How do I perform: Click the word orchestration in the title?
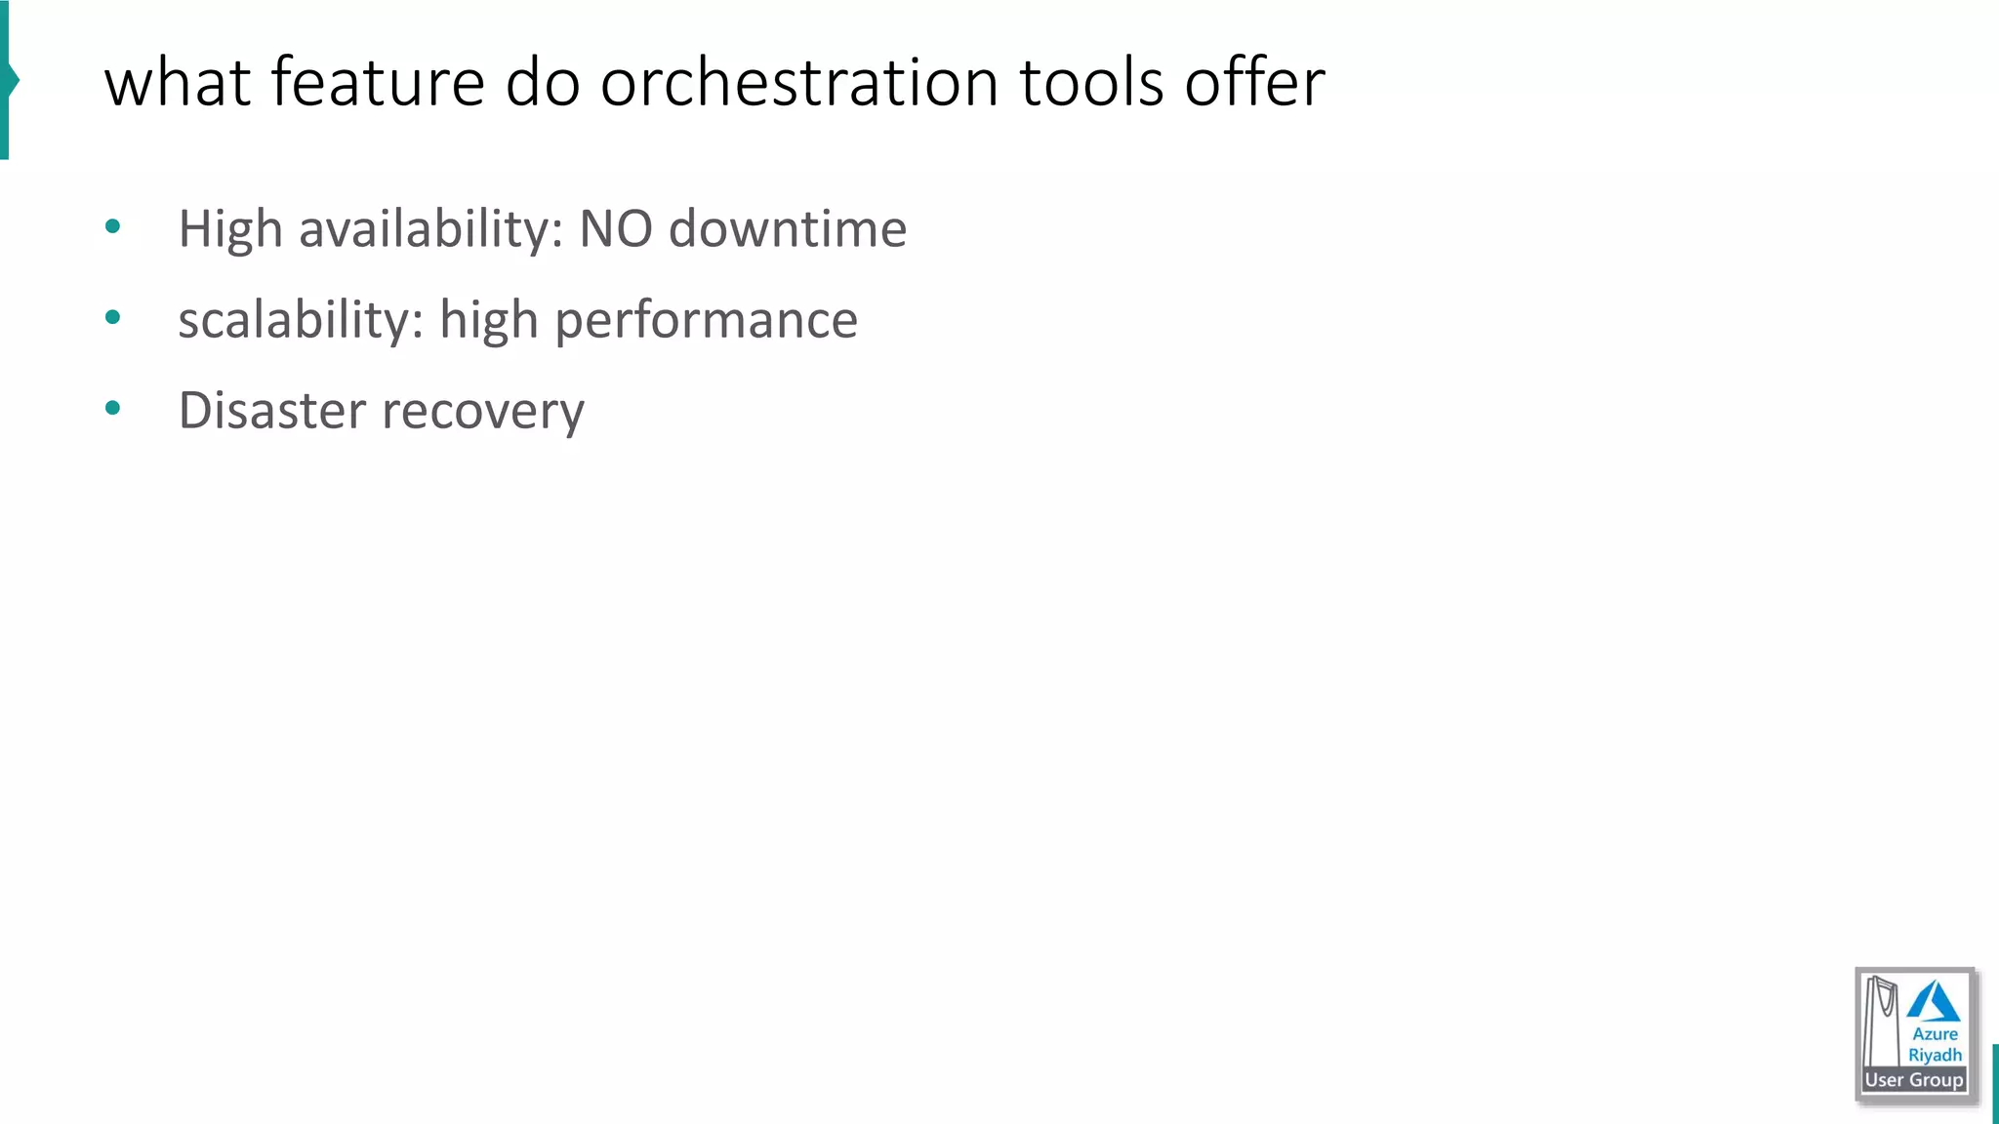click(x=799, y=82)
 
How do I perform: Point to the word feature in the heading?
click(x=378, y=82)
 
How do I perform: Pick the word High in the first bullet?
click(x=230, y=230)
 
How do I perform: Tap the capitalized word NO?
click(x=616, y=228)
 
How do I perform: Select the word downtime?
click(x=788, y=228)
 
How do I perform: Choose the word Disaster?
click(x=272, y=410)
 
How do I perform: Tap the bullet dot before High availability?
click(x=112, y=227)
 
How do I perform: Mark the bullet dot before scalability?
click(x=112, y=317)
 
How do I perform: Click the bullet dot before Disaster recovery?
click(x=112, y=408)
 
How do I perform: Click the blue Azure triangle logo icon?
click(x=1933, y=1002)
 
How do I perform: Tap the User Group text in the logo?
click(x=1914, y=1080)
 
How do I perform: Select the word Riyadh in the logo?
click(x=1935, y=1055)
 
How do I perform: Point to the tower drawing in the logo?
click(x=1881, y=1020)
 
